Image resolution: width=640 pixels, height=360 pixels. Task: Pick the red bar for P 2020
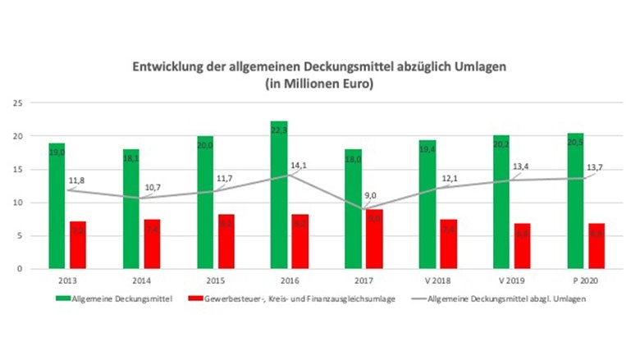point(597,245)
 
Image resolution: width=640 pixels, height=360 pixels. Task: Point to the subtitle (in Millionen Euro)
point(321,84)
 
